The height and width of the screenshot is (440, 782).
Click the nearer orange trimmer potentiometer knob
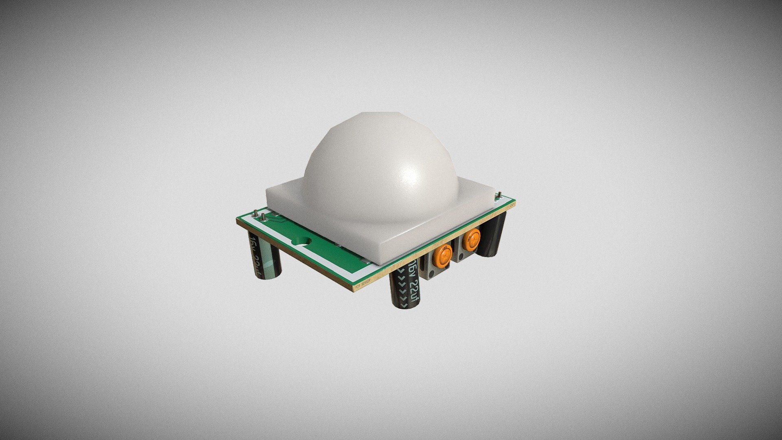point(443,255)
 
